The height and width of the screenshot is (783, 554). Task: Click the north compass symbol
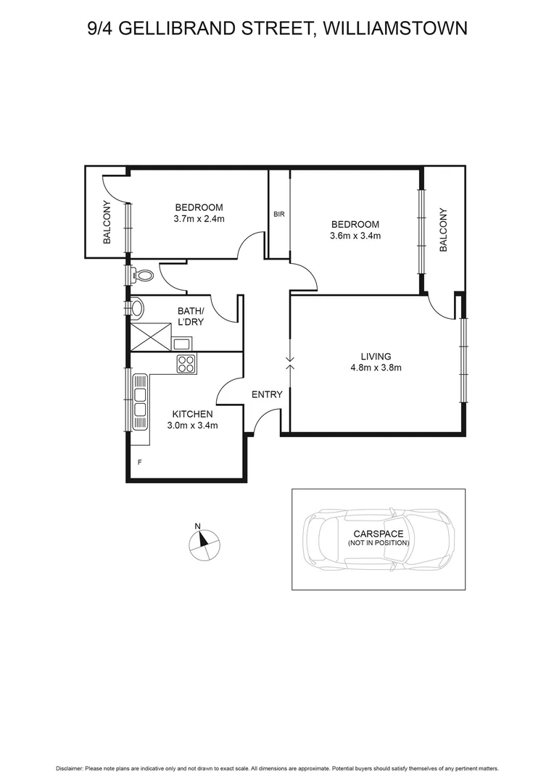pyautogui.click(x=204, y=542)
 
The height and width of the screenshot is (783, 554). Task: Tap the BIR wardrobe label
pyautogui.click(x=278, y=215)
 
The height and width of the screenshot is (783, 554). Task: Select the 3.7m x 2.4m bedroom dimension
pyautogui.click(x=199, y=218)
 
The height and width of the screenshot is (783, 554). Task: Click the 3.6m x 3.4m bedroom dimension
pyautogui.click(x=355, y=236)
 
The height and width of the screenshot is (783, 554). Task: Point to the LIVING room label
pyautogui.click(x=376, y=356)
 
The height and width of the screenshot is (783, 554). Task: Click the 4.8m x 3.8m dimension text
pyautogui.click(x=376, y=368)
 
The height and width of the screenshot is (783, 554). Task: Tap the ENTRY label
pyautogui.click(x=267, y=394)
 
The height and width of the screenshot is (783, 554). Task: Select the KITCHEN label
pyautogui.click(x=192, y=414)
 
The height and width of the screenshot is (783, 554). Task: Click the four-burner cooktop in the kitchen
pyautogui.click(x=186, y=363)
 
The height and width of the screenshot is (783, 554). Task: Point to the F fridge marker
pyautogui.click(x=139, y=461)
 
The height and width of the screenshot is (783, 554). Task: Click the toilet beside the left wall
pyautogui.click(x=142, y=275)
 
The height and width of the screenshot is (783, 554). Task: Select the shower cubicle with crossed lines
pyautogui.click(x=150, y=337)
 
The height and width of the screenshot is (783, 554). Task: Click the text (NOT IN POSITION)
pyautogui.click(x=378, y=542)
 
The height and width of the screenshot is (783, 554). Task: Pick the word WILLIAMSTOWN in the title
pyautogui.click(x=397, y=28)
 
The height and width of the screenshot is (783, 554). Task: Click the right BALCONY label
pyautogui.click(x=444, y=230)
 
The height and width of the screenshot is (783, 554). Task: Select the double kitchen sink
pyautogui.click(x=140, y=402)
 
